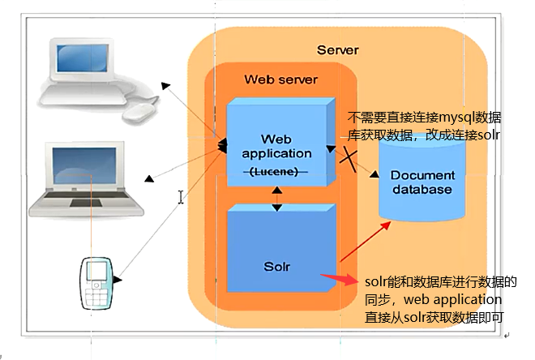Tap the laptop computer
click(81, 178)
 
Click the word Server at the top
click(337, 50)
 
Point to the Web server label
click(280, 79)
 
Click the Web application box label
click(276, 146)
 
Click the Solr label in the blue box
click(276, 266)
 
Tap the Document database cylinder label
click(422, 182)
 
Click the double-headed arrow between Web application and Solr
click(277, 197)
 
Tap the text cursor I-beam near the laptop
click(182, 196)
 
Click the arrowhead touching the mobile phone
click(118, 281)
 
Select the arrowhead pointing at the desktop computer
click(165, 84)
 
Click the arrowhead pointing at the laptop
click(150, 178)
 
